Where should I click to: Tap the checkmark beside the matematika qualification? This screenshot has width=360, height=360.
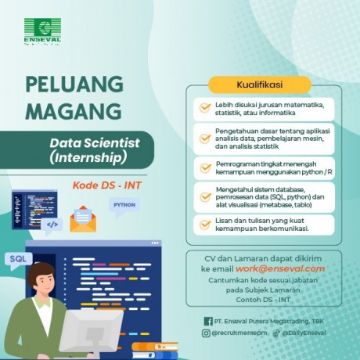click(x=205, y=108)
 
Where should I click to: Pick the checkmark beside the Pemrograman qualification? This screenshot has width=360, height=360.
click(x=205, y=165)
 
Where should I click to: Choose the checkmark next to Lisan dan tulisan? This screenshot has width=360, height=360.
click(x=205, y=225)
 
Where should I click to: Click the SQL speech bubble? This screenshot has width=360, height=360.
click(x=18, y=257)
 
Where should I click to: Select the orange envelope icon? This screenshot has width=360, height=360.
click(x=81, y=220)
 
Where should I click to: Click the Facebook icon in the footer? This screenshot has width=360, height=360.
click(x=208, y=321)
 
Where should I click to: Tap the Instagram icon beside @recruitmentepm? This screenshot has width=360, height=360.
click(x=207, y=333)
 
